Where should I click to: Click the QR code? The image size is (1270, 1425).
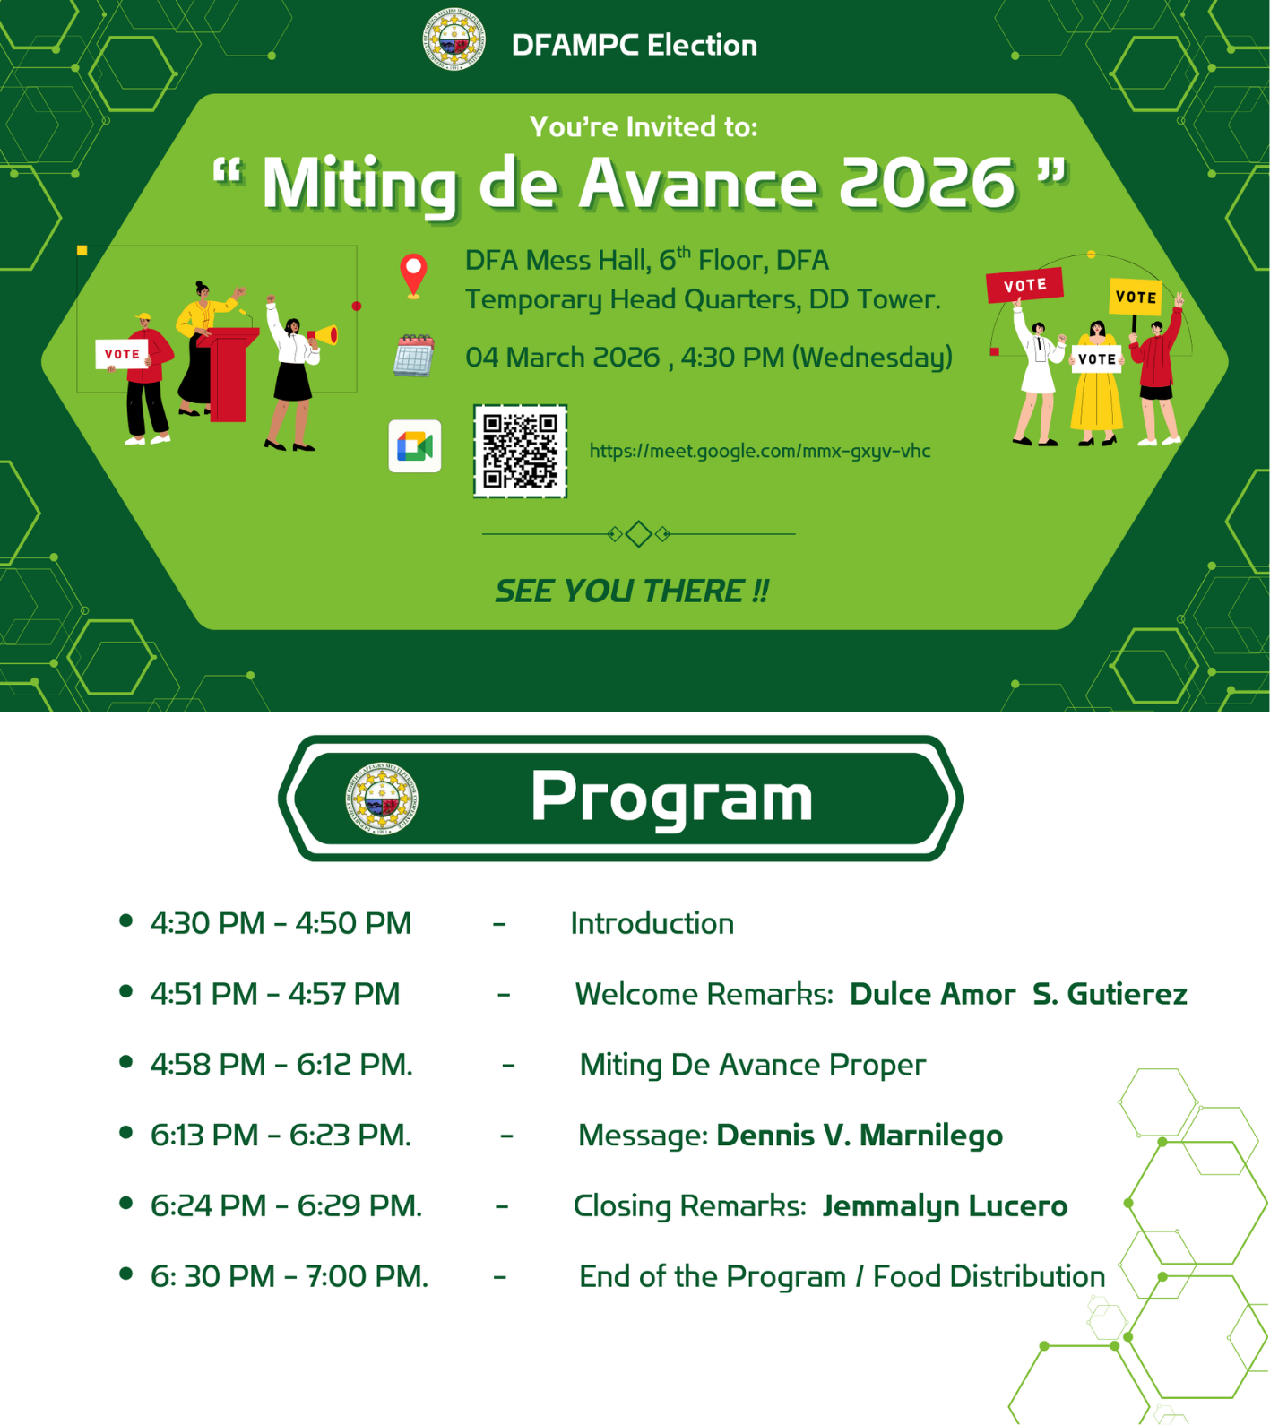[x=520, y=451]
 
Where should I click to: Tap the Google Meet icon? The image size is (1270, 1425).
[x=415, y=445]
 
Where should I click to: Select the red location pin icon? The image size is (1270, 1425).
[x=413, y=275]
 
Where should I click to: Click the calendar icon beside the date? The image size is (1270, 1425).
[x=414, y=355]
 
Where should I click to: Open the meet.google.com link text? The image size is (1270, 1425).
[x=760, y=451]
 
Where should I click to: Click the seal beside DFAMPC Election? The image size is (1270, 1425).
[x=454, y=39]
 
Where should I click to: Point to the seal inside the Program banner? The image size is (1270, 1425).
[x=383, y=799]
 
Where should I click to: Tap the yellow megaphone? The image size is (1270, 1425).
[x=324, y=336]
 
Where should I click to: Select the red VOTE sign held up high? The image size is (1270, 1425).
[x=1024, y=285]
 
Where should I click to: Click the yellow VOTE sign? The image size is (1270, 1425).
[x=1136, y=297]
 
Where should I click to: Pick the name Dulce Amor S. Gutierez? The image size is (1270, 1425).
[x=1018, y=994]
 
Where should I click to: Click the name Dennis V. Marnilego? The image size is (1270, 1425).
[x=860, y=1136]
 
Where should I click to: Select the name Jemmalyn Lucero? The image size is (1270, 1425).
[x=945, y=1206]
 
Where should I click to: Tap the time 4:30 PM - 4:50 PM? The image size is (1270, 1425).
[x=281, y=923]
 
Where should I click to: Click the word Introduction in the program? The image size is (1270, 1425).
[x=652, y=923]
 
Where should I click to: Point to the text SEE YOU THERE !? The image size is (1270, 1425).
[x=632, y=591]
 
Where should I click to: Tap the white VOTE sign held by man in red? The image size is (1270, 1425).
[x=122, y=354]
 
